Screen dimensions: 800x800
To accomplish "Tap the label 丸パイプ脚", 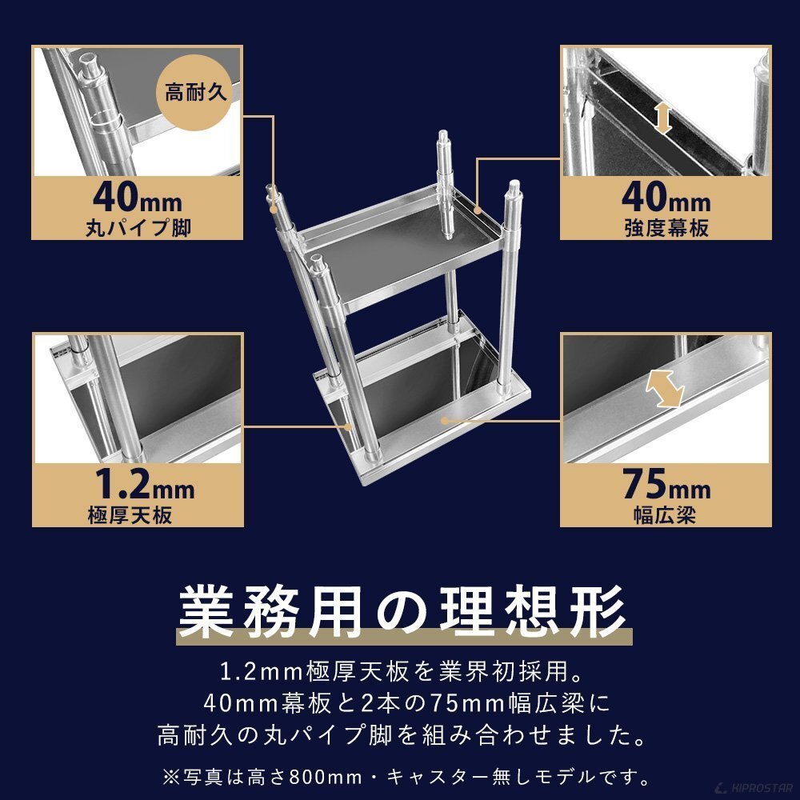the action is [138, 227].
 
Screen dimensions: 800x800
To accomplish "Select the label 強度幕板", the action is [666, 227].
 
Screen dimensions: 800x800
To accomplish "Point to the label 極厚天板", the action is [130, 514].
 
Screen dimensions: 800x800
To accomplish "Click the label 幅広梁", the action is [665, 514].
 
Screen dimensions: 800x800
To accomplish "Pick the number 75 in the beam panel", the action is [644, 484].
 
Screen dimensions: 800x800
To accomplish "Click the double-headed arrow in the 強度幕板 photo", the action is [662, 118].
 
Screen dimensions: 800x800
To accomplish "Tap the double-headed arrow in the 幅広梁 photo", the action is [664, 389].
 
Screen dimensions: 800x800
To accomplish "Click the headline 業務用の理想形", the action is [402, 611].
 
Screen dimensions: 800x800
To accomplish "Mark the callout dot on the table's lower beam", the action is [444, 421].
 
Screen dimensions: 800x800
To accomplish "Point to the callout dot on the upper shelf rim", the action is [477, 209].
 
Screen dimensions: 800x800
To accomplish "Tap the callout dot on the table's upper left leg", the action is [274, 209].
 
